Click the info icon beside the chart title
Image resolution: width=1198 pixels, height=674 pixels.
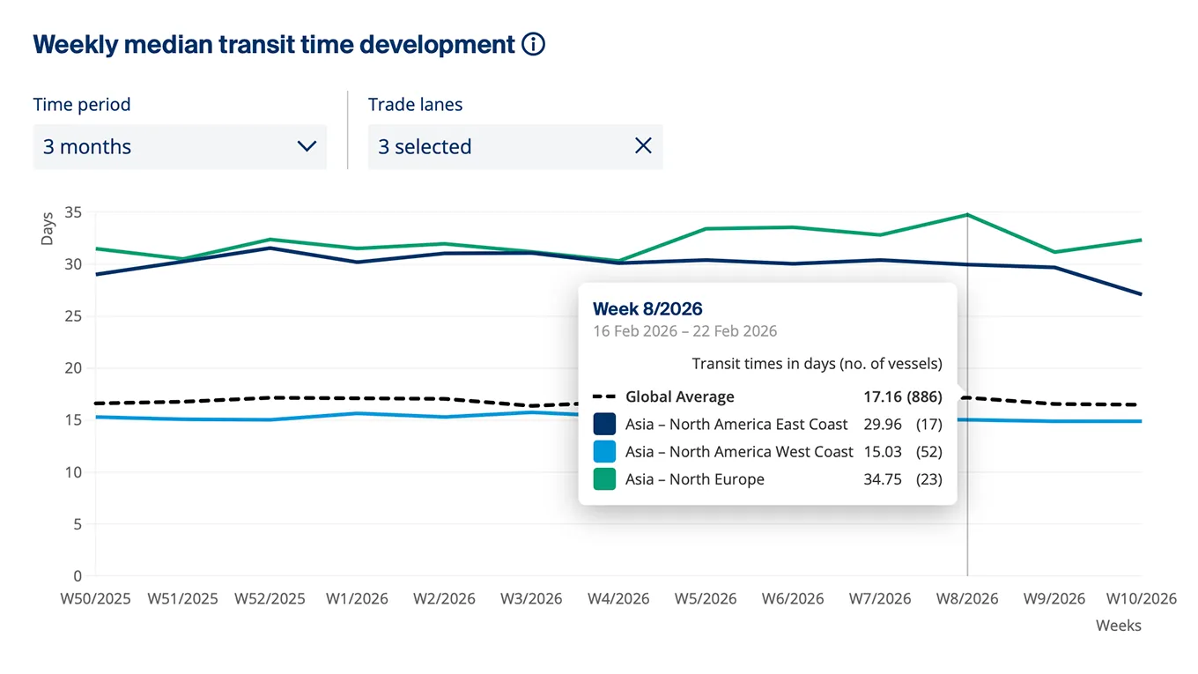[533, 45]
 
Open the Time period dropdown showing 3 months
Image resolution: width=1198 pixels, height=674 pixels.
[180, 146]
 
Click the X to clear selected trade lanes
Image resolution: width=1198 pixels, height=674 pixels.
[643, 146]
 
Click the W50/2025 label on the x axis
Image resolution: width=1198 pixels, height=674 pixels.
[95, 599]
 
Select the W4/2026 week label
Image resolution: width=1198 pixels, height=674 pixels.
[618, 599]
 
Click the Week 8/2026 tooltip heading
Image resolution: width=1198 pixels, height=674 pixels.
[647, 308]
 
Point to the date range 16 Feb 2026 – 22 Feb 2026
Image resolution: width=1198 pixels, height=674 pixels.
[684, 331]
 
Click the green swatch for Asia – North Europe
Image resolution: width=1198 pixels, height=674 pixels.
[604, 479]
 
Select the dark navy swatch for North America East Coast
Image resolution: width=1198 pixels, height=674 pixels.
[604, 425]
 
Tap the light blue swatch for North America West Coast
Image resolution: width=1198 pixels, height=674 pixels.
[604, 452]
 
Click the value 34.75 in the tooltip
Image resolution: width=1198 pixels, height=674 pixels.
[883, 479]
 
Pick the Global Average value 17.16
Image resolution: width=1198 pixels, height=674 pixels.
[883, 397]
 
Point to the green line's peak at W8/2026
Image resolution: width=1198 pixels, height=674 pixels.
[967, 215]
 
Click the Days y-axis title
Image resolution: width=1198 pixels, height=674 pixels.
[48, 229]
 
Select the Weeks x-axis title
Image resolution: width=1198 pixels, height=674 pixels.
[1118, 626]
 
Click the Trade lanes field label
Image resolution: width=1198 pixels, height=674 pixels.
[415, 105]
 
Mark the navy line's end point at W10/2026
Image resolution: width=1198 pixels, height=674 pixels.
[1141, 294]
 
